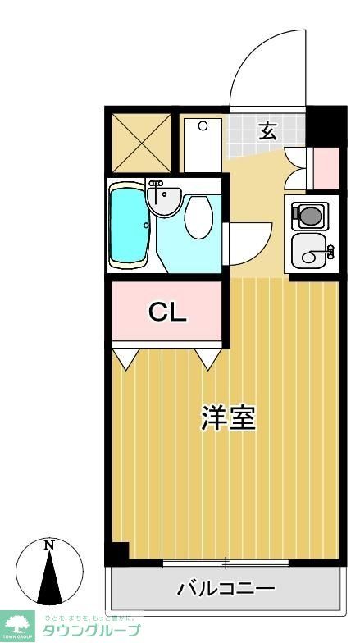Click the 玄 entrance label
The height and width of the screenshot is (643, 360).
pyautogui.click(x=267, y=130)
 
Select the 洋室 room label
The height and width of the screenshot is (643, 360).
pyautogui.click(x=229, y=418)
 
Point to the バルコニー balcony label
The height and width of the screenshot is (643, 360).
pyautogui.click(x=226, y=588)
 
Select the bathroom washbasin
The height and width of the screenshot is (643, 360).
pyautogui.click(x=165, y=199)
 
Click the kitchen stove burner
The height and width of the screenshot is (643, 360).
pyautogui.click(x=310, y=216)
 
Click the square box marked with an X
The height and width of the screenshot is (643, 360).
pyautogui.click(x=141, y=143)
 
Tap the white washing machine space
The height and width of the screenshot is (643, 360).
pyautogui.click(x=202, y=144)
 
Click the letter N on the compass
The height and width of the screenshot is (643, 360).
pyautogui.click(x=49, y=545)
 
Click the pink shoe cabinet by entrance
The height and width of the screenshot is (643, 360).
pyautogui.click(x=326, y=167)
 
